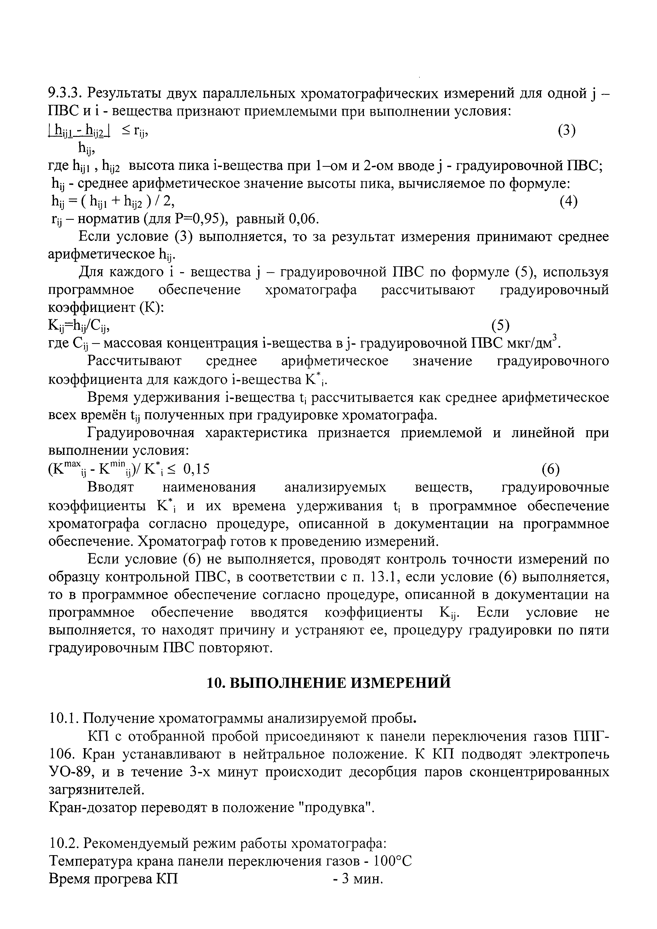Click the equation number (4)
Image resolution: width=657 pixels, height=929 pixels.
click(x=568, y=201)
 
